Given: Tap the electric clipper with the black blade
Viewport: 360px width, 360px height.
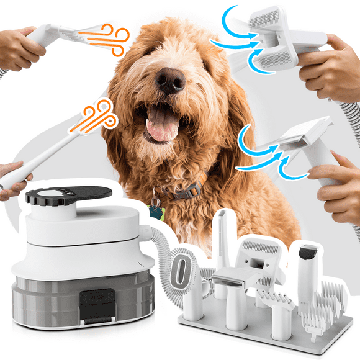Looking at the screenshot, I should pos(307,267).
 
